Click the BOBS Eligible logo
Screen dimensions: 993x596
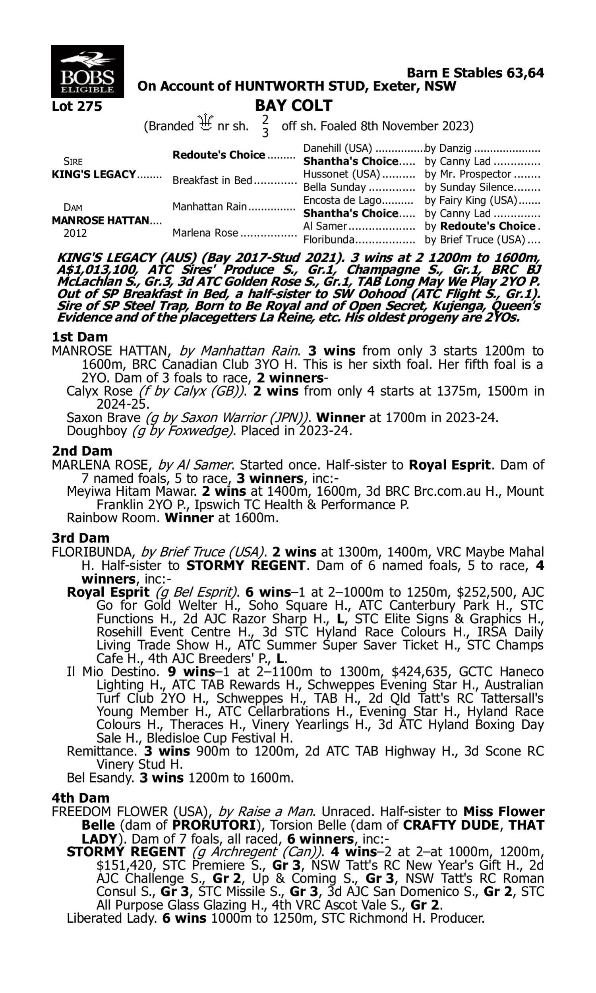click(87, 71)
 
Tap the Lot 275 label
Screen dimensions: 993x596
click(77, 106)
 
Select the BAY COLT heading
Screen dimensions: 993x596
click(293, 106)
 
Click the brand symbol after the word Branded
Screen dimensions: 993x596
click(205, 122)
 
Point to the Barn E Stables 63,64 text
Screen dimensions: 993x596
click(475, 73)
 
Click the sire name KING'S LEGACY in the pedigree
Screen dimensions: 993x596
click(94, 175)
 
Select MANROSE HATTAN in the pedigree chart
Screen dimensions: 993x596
click(100, 220)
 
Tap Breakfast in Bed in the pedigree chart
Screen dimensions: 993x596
click(212, 181)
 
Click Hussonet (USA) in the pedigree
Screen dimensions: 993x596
click(341, 174)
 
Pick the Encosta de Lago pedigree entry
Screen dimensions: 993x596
click(342, 200)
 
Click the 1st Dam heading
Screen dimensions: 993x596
click(79, 337)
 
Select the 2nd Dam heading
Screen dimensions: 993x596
click(81, 451)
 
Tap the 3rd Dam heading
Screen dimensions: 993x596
click(81, 538)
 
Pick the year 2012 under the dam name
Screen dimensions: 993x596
click(75, 233)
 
